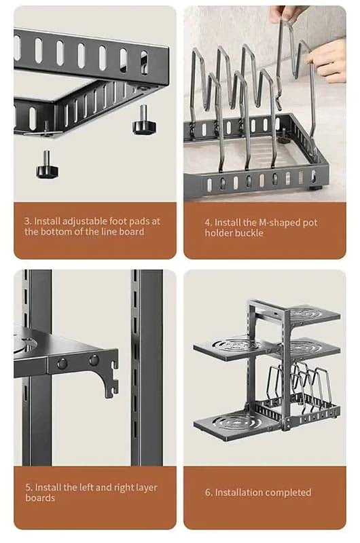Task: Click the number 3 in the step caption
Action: pos(26,221)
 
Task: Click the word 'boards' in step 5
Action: pos(40,498)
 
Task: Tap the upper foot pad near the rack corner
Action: pos(145,121)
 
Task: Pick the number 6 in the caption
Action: pos(208,493)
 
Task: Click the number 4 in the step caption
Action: pos(208,223)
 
